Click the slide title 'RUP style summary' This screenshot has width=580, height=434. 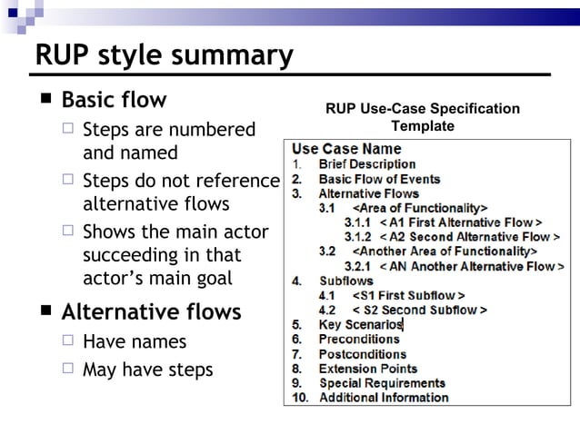click(164, 55)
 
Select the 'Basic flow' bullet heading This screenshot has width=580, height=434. click(114, 100)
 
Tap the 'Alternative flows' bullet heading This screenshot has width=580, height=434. click(150, 312)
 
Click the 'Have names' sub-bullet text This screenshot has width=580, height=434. click(134, 342)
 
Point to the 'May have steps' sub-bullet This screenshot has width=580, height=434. click(147, 370)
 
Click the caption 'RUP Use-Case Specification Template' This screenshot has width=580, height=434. click(423, 117)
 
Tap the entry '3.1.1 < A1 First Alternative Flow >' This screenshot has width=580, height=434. click(443, 222)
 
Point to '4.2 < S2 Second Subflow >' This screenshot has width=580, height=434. click(402, 310)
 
